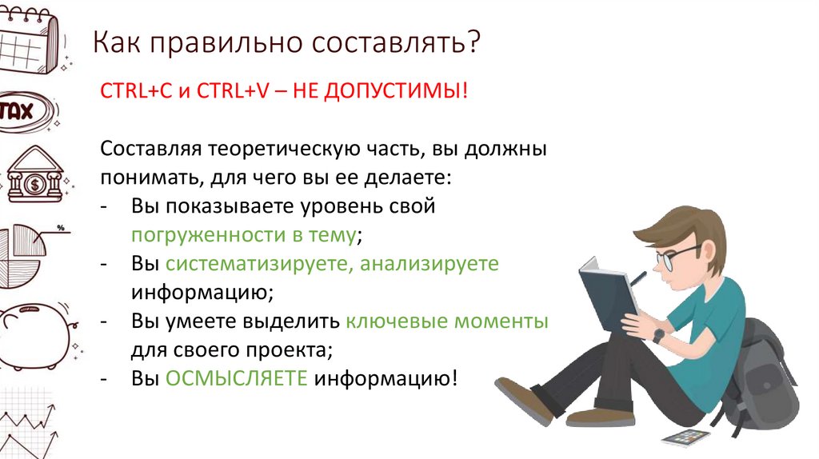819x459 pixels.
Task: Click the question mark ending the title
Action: (x=474, y=43)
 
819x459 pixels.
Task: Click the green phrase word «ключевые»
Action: (x=394, y=321)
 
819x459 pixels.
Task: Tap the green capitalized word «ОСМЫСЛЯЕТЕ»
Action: (x=236, y=378)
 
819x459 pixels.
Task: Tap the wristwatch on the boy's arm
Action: (x=658, y=335)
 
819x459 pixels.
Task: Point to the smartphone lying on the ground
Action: (x=685, y=437)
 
